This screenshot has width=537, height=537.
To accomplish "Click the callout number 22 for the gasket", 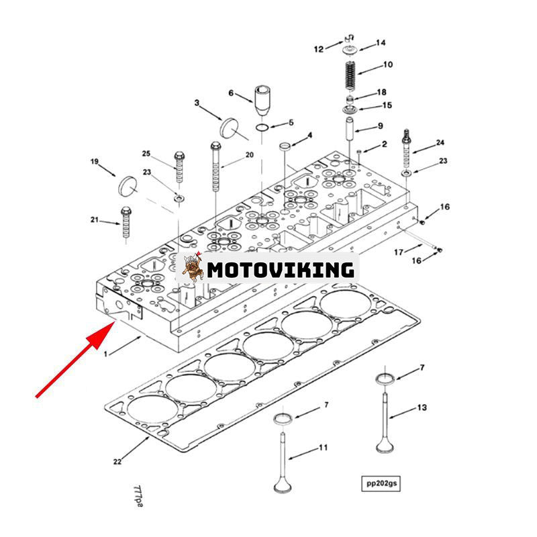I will point(117,461).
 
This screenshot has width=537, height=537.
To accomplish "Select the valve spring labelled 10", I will point(349,75).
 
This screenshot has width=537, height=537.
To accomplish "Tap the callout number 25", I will point(146,154).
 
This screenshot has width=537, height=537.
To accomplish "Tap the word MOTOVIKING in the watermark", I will point(280,270).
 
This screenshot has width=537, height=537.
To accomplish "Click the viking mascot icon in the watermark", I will point(193,269).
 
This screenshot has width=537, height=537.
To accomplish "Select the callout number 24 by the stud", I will point(440,142).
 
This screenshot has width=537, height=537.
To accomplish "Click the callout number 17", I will point(398,252).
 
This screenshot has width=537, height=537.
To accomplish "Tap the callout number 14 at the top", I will point(381,43).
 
